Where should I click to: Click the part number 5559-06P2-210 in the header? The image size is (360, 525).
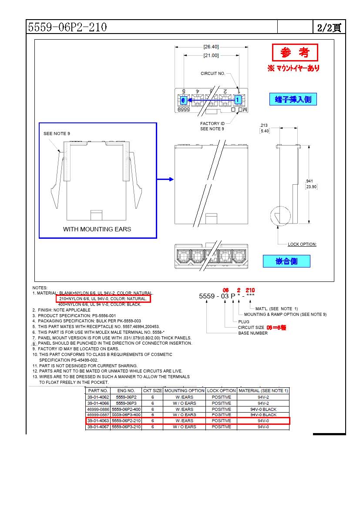pyautogui.click(x=67, y=27)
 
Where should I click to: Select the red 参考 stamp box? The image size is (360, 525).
pyautogui.click(x=295, y=53)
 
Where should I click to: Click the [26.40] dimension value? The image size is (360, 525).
pyautogui.click(x=211, y=47)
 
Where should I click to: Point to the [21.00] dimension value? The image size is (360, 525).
pyautogui.click(x=211, y=55)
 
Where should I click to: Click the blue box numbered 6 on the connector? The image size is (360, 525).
pyautogui.click(x=183, y=100)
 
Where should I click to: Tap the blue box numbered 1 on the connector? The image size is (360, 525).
pyautogui.click(x=238, y=100)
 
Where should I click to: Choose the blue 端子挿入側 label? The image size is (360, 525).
pyautogui.click(x=293, y=99)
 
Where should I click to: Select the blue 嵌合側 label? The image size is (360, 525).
pyautogui.click(x=286, y=261)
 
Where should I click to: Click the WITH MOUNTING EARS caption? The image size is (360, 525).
pyautogui.click(x=97, y=229)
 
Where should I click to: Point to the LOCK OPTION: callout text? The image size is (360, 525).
pyautogui.click(x=302, y=244)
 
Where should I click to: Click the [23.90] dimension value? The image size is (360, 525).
pyautogui.click(x=312, y=187)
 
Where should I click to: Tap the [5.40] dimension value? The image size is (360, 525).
pyautogui.click(x=265, y=131)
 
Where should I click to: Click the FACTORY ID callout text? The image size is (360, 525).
pyautogui.click(x=212, y=124)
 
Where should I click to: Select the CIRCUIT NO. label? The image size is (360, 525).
pyautogui.click(x=213, y=74)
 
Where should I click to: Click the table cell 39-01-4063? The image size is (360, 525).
pyautogui.click(x=98, y=421)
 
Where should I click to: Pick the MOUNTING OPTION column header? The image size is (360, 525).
pyautogui.click(x=184, y=391)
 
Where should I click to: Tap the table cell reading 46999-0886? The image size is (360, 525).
pyautogui.click(x=98, y=410)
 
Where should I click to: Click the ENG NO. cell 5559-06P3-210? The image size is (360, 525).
pyautogui.click(x=126, y=427)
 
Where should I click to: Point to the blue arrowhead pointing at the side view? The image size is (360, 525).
pyautogui.click(x=171, y=179)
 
